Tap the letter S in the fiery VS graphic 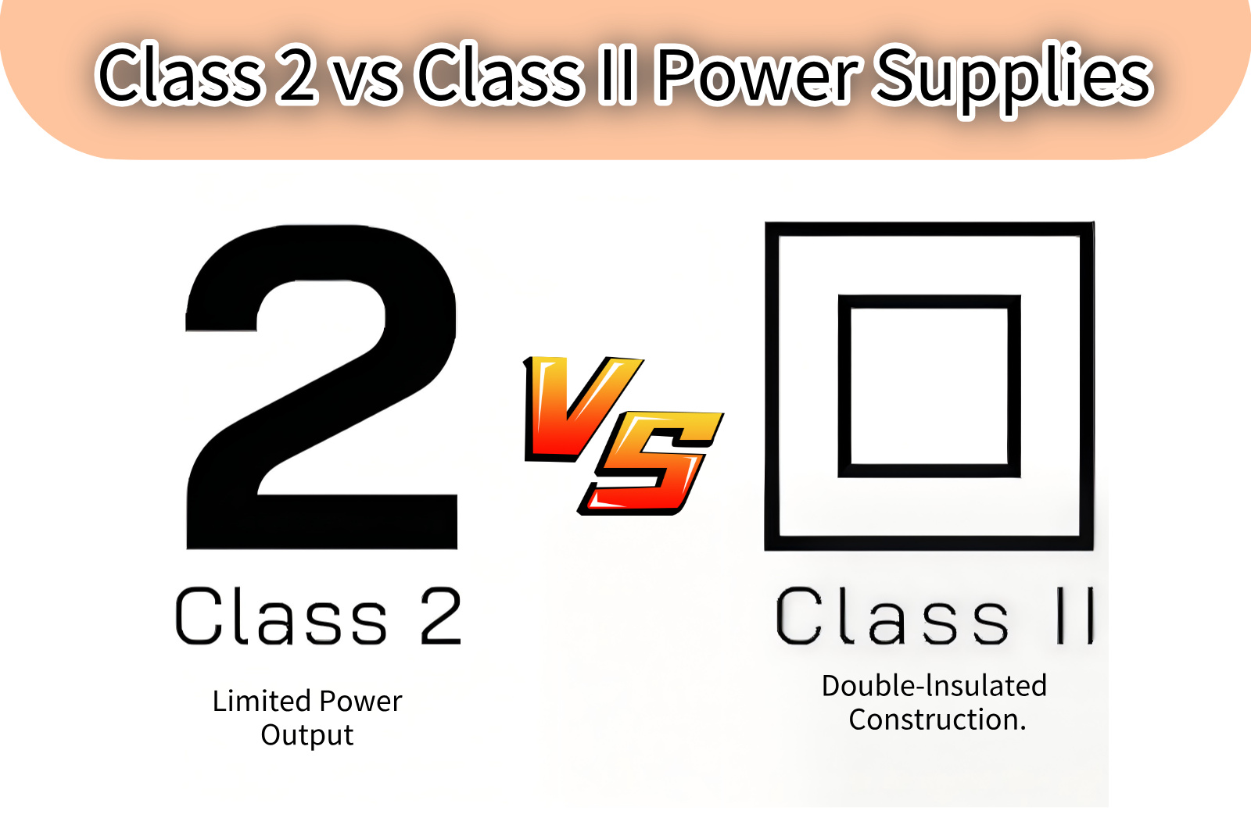651,463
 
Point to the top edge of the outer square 930,229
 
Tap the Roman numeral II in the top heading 617,75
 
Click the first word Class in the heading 180,75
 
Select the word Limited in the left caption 262,701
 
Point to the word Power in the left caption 360,701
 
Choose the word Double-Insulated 934,686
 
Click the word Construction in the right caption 933,720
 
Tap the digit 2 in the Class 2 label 441,616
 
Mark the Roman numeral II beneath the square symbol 1076,616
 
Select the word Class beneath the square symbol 892,616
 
